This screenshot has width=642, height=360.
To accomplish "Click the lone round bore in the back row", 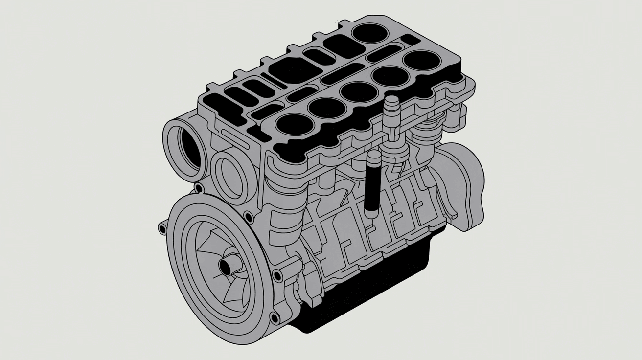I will [369, 33].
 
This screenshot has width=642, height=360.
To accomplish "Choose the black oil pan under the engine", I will [372, 289].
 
